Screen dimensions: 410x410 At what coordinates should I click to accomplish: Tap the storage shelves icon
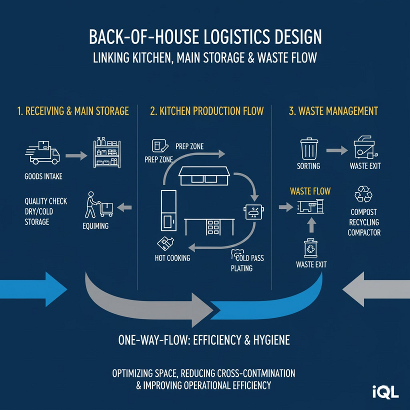pos(107,151)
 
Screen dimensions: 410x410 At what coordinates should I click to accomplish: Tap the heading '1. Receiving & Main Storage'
pos(73,111)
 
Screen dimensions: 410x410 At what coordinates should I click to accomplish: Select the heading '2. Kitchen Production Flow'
pos(206,111)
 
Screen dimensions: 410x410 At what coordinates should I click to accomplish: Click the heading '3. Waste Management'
pos(333,111)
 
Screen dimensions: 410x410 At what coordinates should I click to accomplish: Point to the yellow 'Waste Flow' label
pos(310,191)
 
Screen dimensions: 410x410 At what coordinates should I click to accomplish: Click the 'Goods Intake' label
pos(44,176)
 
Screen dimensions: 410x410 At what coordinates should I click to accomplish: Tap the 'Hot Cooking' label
pos(172,258)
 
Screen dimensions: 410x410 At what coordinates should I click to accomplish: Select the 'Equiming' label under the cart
pos(95,226)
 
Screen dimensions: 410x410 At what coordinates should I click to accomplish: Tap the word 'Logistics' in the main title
pos(221,38)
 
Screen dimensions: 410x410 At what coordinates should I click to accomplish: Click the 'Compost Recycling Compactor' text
pos(363,222)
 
